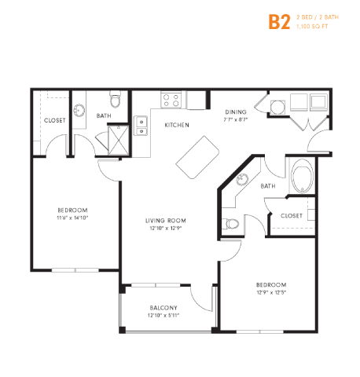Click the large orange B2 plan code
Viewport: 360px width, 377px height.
tap(280, 21)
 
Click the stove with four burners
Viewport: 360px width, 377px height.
tap(172, 100)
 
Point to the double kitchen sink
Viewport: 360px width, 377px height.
tap(142, 125)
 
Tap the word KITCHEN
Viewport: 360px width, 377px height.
tap(175, 125)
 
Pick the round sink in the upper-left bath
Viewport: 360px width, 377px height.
tap(80, 109)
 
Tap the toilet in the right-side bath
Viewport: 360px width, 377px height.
tap(230, 224)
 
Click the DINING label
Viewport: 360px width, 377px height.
tap(237, 112)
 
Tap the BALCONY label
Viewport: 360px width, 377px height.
tap(163, 307)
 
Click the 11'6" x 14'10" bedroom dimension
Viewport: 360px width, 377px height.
tap(72, 218)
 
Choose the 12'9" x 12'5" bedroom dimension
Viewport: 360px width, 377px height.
tap(270, 293)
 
